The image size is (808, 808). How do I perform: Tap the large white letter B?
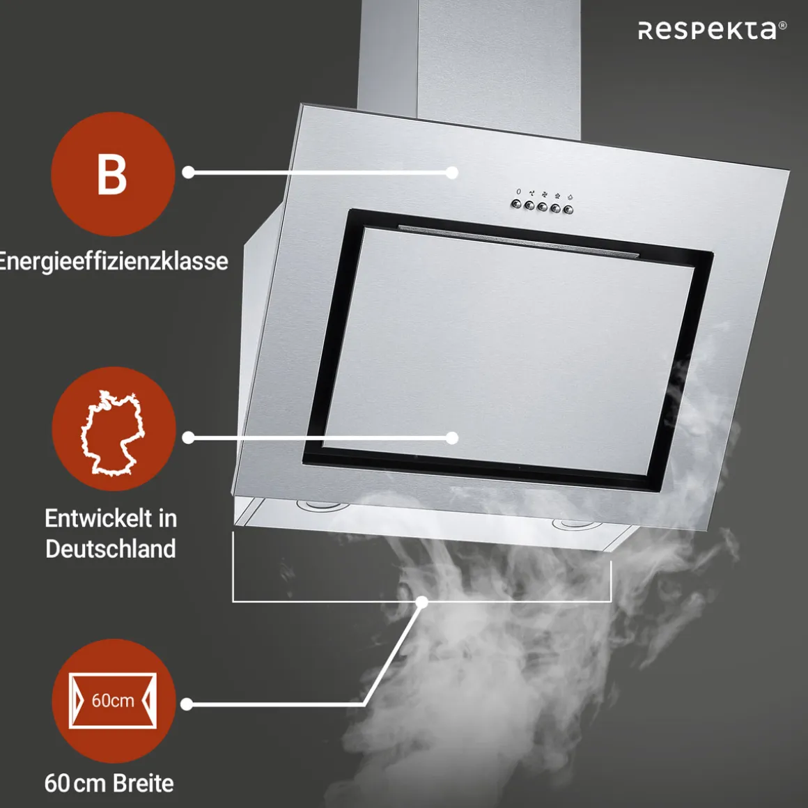tap(112, 174)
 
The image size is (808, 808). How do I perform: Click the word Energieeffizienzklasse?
tap(113, 261)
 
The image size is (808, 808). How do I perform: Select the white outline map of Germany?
tap(112, 433)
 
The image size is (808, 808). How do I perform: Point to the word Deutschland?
tap(110, 548)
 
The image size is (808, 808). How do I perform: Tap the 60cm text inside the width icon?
tap(113, 700)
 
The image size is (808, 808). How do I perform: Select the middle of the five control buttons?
tap(542, 207)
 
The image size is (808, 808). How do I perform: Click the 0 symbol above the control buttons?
tap(518, 192)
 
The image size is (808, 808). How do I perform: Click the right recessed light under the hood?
tap(577, 525)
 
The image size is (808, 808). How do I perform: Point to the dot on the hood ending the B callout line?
tap(452, 173)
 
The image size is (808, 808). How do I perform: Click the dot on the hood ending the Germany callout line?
tap(452, 438)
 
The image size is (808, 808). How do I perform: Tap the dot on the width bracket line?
tap(422, 601)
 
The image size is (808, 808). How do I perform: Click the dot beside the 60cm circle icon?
tap(187, 704)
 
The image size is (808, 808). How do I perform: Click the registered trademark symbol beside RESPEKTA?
tap(782, 25)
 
